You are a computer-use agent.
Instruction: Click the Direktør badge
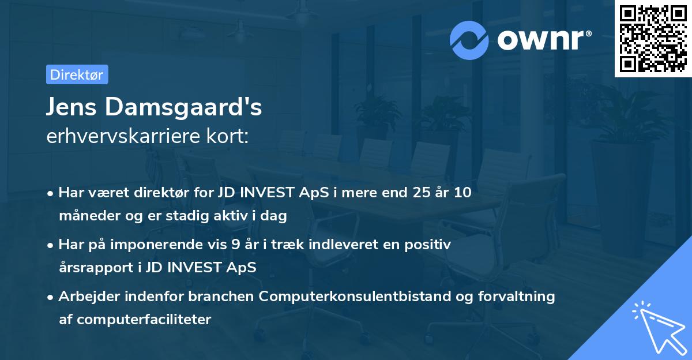tap(77, 74)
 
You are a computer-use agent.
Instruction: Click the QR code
tap(653, 38)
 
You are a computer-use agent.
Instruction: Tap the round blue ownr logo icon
tap(469, 39)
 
